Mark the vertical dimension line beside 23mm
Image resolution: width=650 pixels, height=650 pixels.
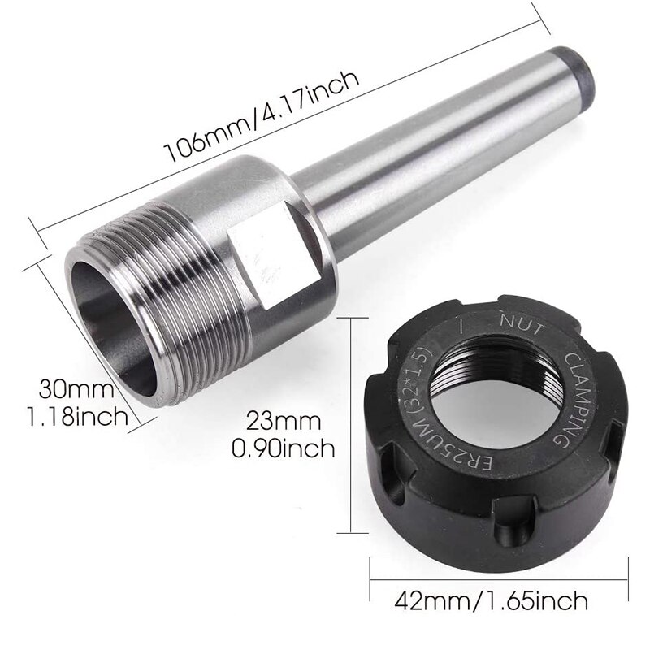click(x=352, y=423)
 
